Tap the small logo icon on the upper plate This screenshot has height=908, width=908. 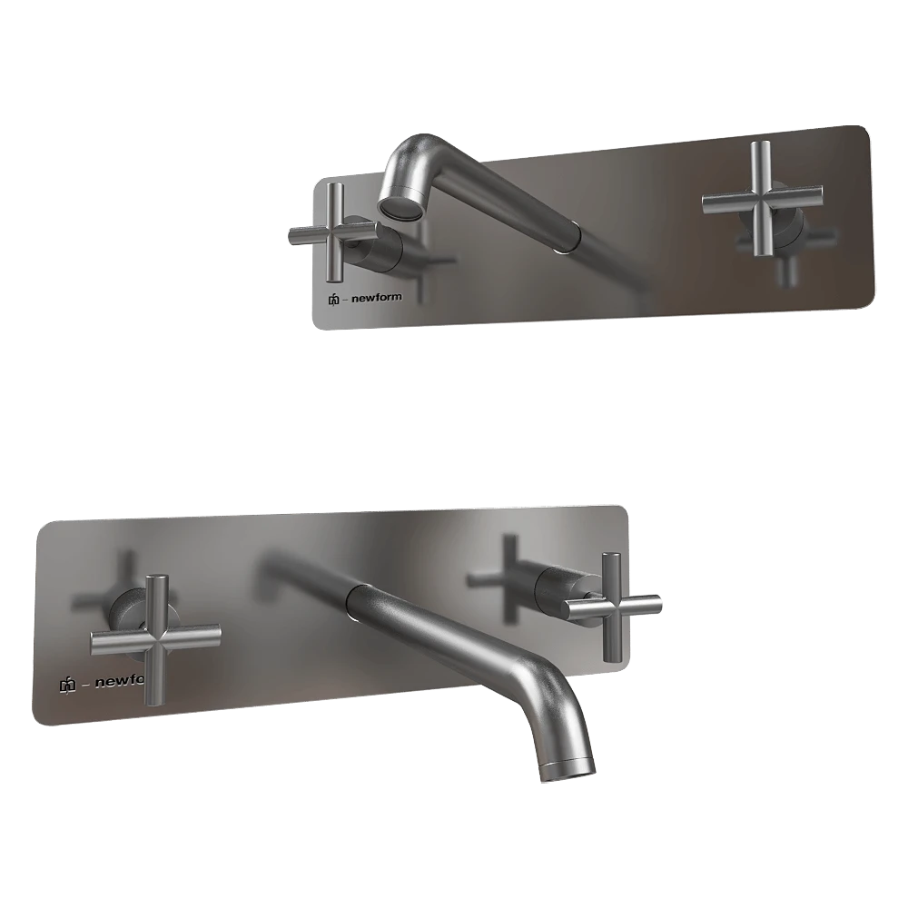point(334,300)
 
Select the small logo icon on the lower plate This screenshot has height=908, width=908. point(66,686)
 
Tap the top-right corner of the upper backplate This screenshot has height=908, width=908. point(864,128)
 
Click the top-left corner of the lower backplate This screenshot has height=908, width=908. point(43,526)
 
